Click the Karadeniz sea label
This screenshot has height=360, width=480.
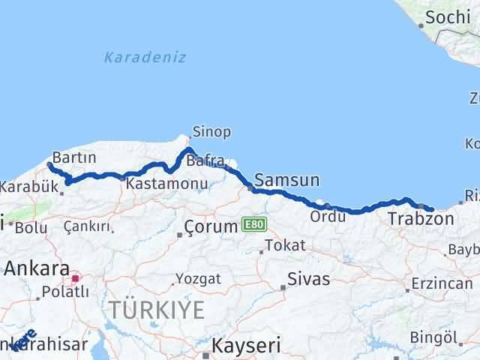(145, 57)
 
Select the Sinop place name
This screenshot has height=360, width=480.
(211, 132)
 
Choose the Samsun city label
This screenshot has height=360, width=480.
(287, 180)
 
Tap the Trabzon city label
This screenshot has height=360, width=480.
(421, 219)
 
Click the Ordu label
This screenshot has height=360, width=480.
(328, 217)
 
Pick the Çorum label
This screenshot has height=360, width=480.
(211, 226)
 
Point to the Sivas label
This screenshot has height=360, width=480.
(309, 280)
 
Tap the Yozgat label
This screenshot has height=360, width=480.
(198, 279)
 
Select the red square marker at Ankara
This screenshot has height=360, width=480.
(75, 279)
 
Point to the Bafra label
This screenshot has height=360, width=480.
(206, 160)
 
